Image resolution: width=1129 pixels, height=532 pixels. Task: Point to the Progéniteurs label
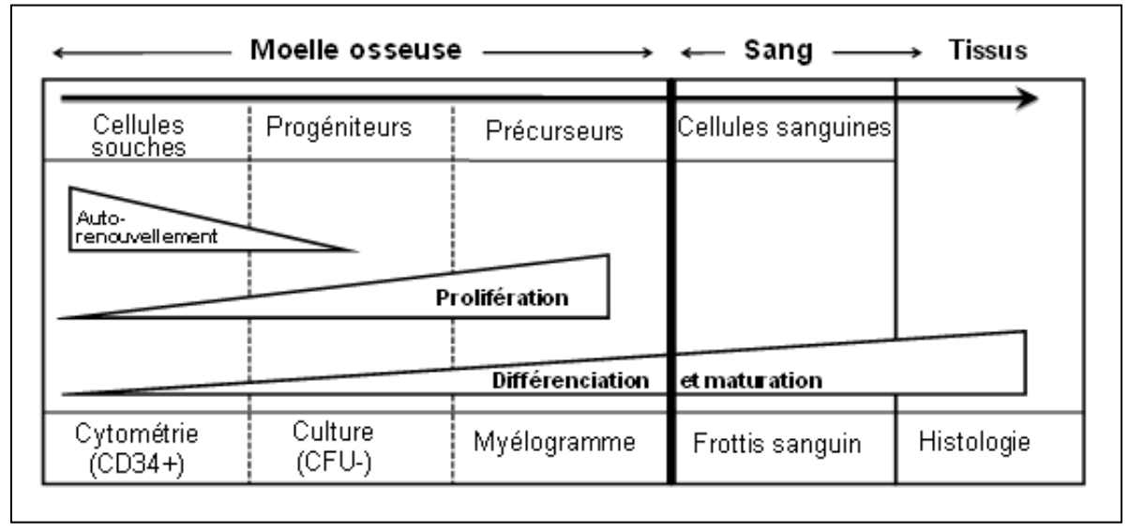pos(339,129)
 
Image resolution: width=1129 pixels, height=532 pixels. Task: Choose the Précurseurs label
pos(555,130)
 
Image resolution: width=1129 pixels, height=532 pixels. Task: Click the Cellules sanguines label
pos(784,129)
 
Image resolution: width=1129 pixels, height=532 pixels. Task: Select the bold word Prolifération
pos(504,298)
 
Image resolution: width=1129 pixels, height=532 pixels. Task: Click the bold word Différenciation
pos(571,381)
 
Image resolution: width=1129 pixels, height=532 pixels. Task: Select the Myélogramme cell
pos(555,442)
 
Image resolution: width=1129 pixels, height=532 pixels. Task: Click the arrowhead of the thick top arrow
pos(1028,98)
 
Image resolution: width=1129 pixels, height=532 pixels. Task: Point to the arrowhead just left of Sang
pos(687,53)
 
